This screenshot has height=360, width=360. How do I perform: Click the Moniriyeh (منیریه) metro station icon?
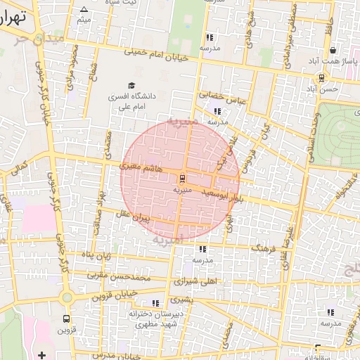181,178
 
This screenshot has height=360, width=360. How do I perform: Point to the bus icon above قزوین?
67,318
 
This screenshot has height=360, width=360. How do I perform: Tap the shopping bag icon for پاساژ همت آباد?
332,51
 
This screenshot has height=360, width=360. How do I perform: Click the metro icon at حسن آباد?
321,78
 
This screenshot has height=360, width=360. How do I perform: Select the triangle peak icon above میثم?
84,9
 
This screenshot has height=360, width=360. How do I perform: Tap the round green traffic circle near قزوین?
67,298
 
